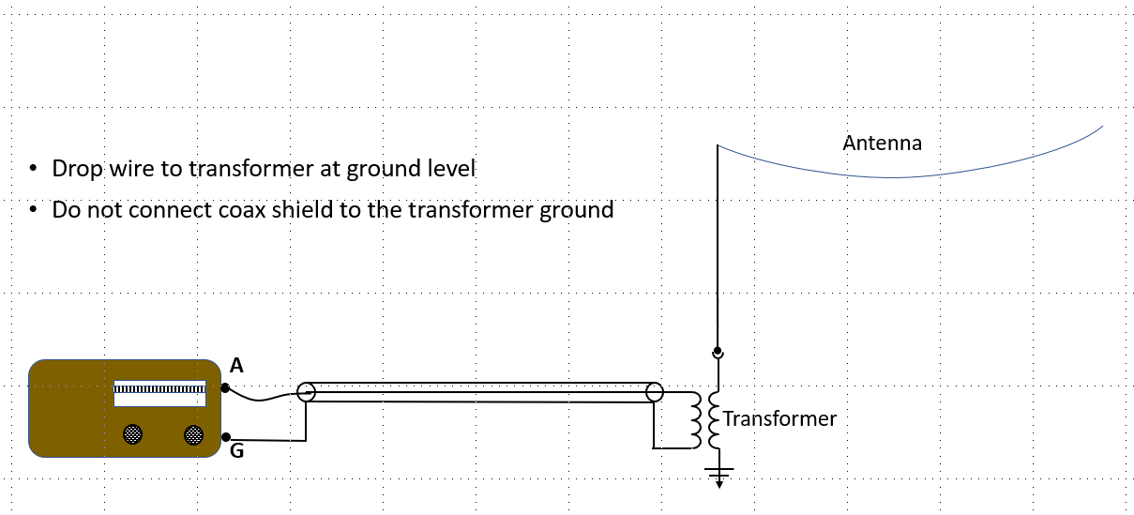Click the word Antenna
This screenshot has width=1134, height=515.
(x=882, y=144)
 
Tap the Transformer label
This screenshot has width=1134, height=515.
(x=779, y=418)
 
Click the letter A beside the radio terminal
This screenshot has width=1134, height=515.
(x=236, y=365)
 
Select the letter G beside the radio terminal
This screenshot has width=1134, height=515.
(x=237, y=450)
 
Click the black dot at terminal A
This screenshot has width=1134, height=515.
(x=225, y=388)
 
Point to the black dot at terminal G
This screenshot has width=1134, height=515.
(x=226, y=437)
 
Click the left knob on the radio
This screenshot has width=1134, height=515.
(x=132, y=434)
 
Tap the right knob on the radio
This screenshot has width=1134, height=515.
(x=193, y=435)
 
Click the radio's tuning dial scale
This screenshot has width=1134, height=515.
(x=159, y=389)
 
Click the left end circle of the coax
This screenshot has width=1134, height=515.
(x=306, y=392)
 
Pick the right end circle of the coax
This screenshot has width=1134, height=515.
(x=654, y=392)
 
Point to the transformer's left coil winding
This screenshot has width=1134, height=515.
(x=696, y=420)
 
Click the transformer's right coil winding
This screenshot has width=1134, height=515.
(x=714, y=420)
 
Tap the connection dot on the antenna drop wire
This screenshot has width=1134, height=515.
(x=718, y=351)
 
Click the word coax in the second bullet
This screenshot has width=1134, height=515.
(x=241, y=210)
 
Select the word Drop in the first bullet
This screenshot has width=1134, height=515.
(x=78, y=169)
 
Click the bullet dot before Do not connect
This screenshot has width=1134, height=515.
(x=34, y=208)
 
